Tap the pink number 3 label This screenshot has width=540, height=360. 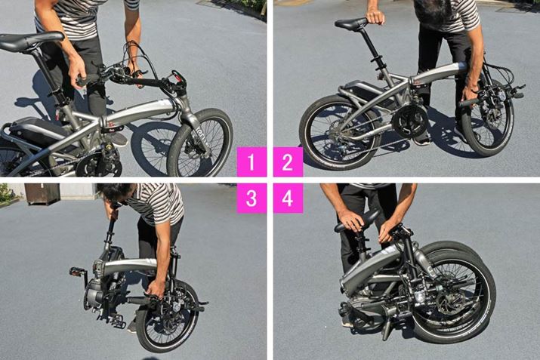pyautogui.click(x=251, y=198)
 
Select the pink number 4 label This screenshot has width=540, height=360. pyautogui.click(x=288, y=198)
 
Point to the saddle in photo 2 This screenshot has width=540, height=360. pyautogui.click(x=351, y=24)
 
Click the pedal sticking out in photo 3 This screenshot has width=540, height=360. pyautogui.click(x=78, y=271)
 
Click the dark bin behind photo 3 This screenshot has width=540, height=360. pyautogui.click(x=42, y=193)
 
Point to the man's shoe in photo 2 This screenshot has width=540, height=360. pyautogui.click(x=422, y=138)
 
